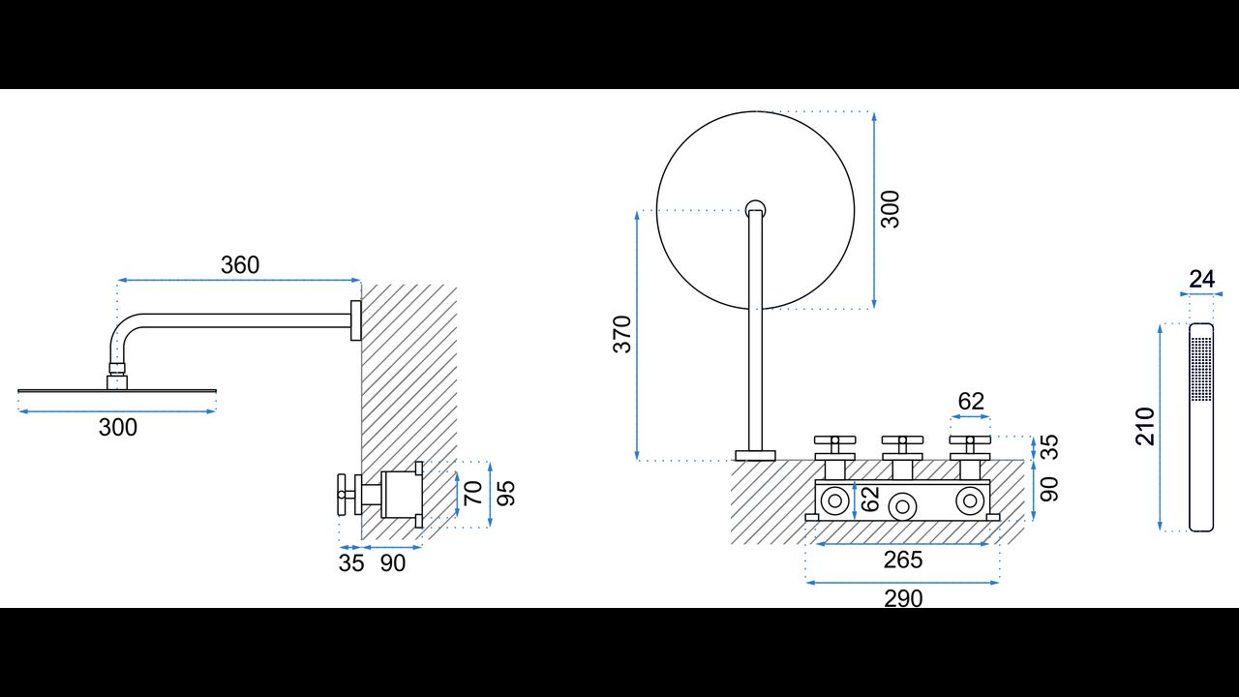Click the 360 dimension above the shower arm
[240, 265]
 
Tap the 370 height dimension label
[622, 334]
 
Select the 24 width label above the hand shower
[1201, 280]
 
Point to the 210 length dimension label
[1145, 427]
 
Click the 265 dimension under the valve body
[903, 560]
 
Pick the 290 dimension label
[903, 598]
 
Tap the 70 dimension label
[473, 493]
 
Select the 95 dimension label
[506, 493]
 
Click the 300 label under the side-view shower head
[118, 427]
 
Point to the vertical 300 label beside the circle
[891, 209]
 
